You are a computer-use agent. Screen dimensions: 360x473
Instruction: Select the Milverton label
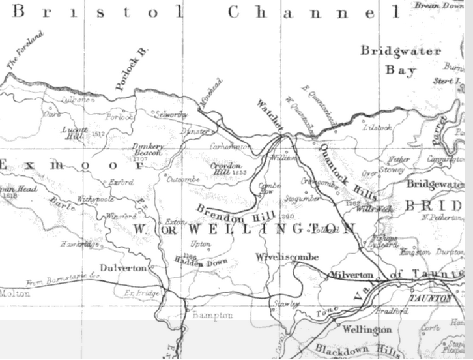[352, 275]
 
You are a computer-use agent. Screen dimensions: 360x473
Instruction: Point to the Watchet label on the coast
[268, 112]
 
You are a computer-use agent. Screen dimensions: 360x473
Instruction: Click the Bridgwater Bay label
[401, 60]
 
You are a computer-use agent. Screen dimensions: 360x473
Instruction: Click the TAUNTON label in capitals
[430, 298]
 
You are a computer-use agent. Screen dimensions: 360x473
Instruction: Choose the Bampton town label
[212, 315]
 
